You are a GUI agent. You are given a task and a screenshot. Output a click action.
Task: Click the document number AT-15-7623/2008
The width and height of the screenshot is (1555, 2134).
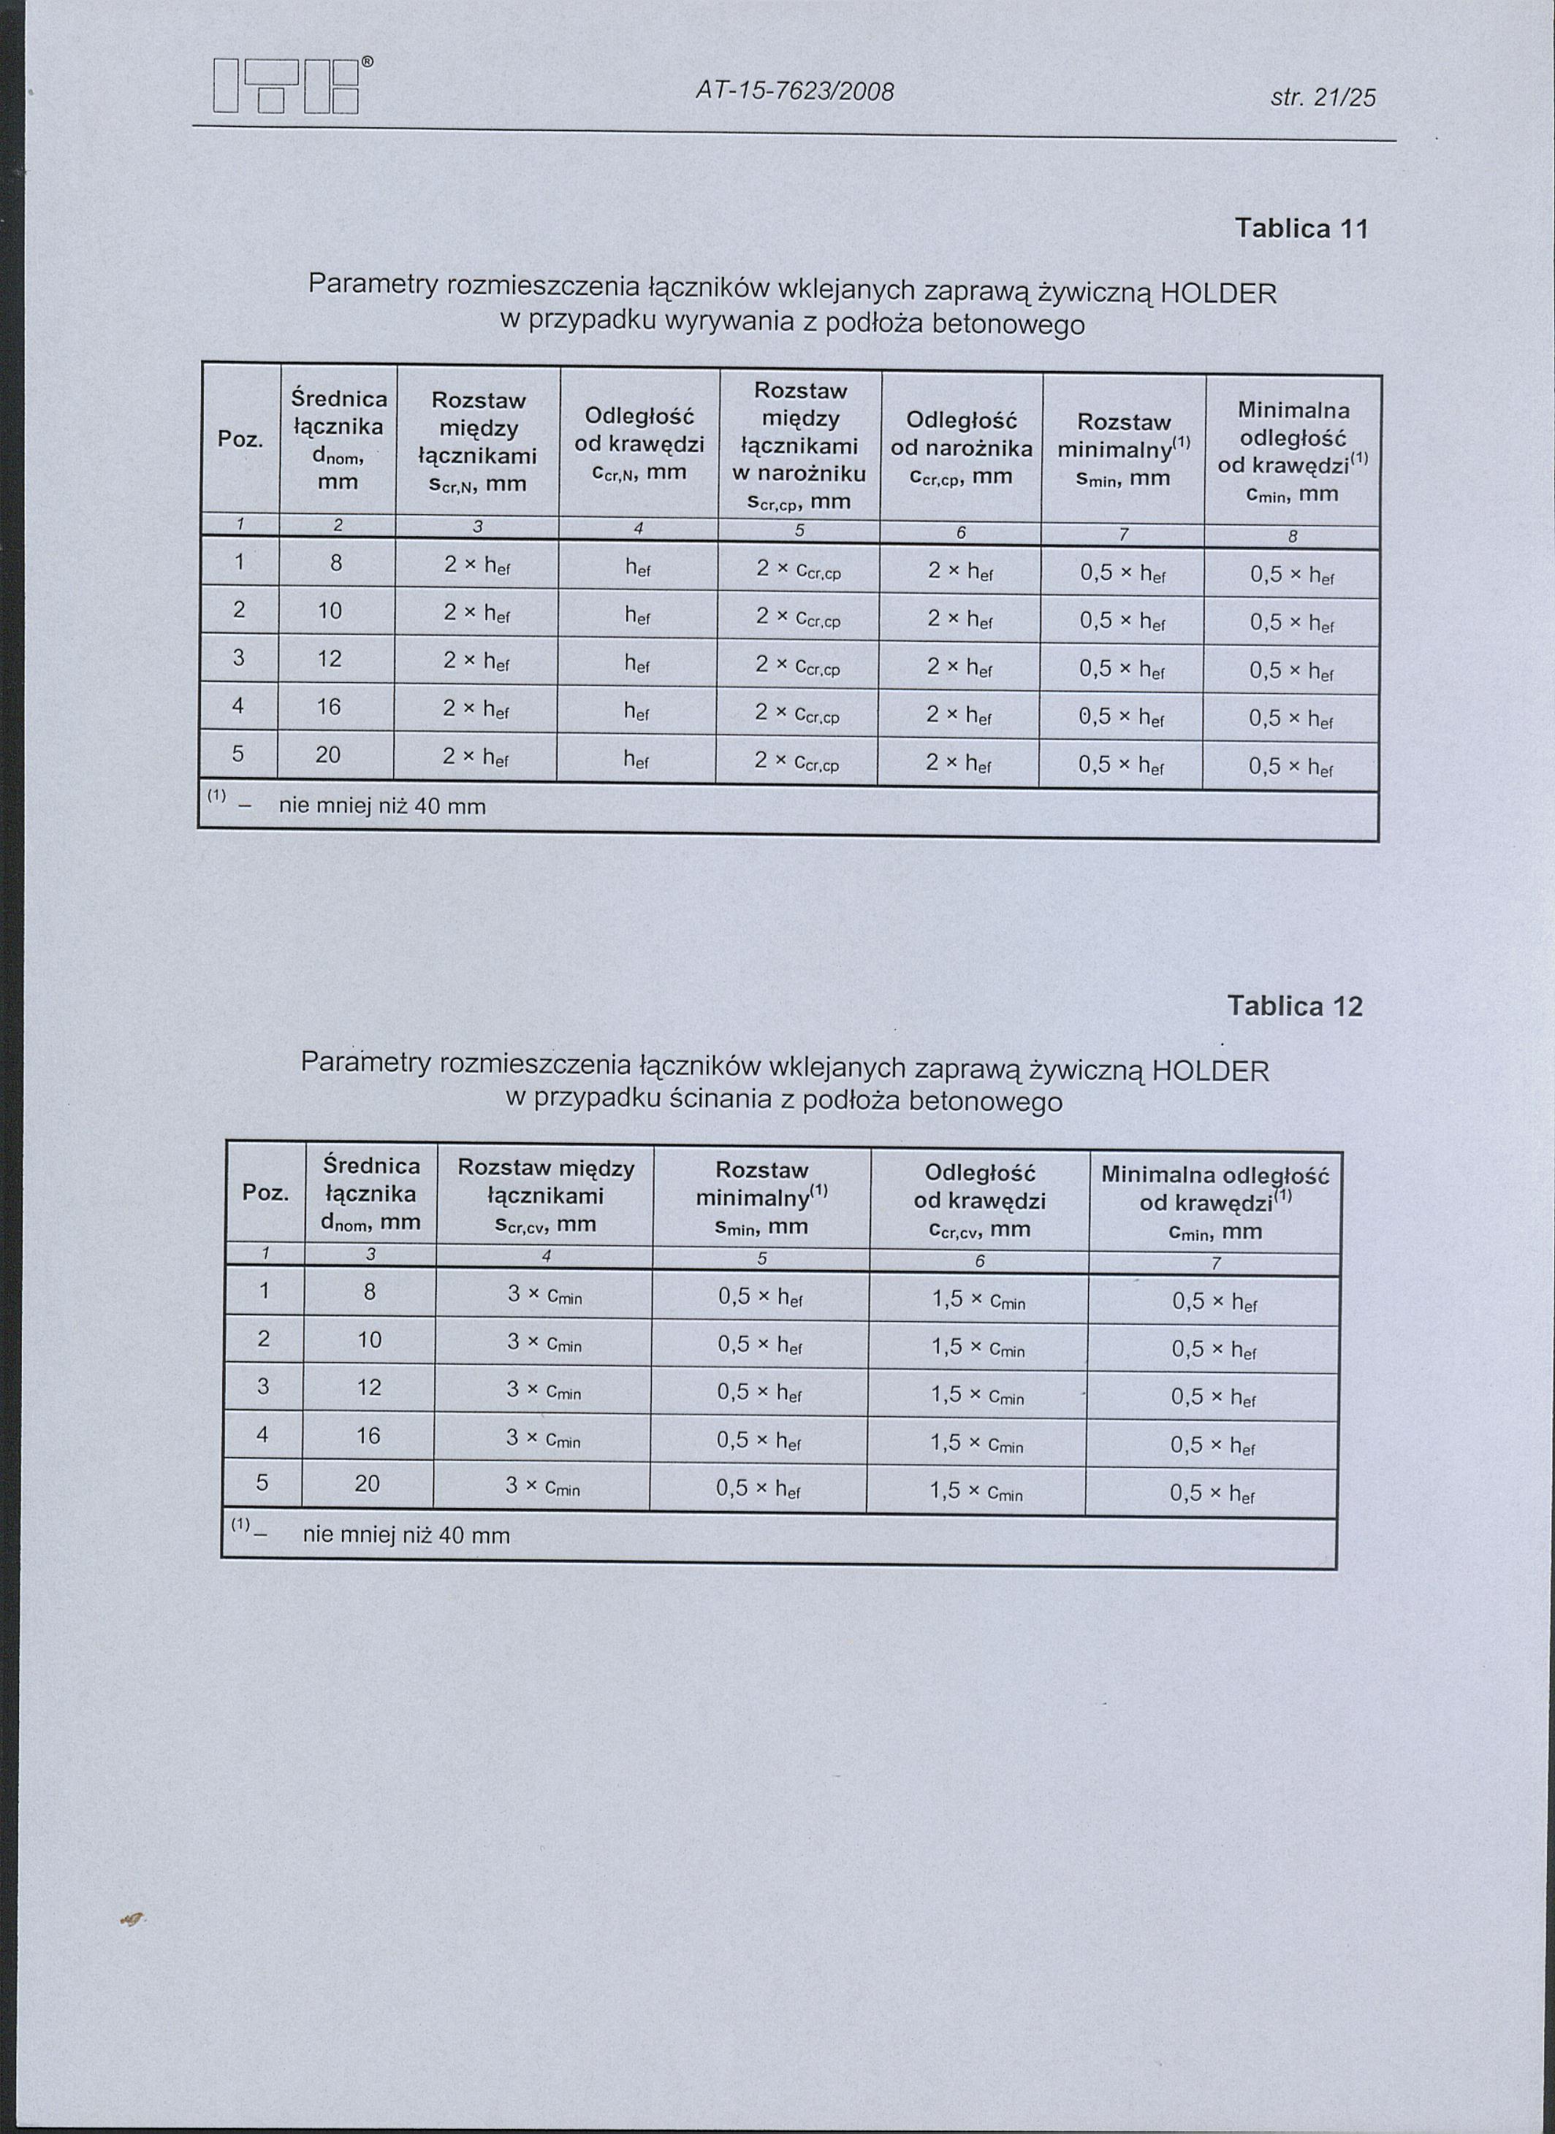[x=794, y=92]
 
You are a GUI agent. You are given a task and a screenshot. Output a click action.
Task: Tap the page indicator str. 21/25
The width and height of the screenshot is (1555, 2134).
[x=1322, y=97]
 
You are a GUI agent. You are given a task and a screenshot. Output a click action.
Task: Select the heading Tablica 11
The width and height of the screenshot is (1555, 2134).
[x=1301, y=229]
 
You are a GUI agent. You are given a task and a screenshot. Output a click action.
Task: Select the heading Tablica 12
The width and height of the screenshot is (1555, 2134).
[x=1294, y=1006]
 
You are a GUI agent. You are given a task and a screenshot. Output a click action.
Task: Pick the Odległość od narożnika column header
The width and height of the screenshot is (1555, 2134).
[x=960, y=447]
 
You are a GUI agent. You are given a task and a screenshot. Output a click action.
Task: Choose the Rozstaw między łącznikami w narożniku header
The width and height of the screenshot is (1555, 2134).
[x=800, y=445]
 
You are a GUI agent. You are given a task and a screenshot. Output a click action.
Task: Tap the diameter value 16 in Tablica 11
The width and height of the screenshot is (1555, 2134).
[x=329, y=707]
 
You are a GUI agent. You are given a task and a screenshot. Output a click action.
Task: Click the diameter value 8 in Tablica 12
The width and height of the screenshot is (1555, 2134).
[x=370, y=1293]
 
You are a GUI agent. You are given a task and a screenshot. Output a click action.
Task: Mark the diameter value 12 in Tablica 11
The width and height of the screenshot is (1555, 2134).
[x=329, y=659]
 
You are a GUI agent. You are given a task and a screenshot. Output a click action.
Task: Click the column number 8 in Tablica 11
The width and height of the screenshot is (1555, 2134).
[x=1293, y=538]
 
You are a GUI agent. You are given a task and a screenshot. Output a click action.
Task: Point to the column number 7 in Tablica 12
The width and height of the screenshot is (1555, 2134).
[x=1214, y=1263]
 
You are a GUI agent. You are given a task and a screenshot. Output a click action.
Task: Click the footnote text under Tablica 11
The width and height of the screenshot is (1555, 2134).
[x=382, y=806]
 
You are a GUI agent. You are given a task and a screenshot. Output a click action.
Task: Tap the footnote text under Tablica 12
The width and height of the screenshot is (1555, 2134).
[x=406, y=1536]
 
